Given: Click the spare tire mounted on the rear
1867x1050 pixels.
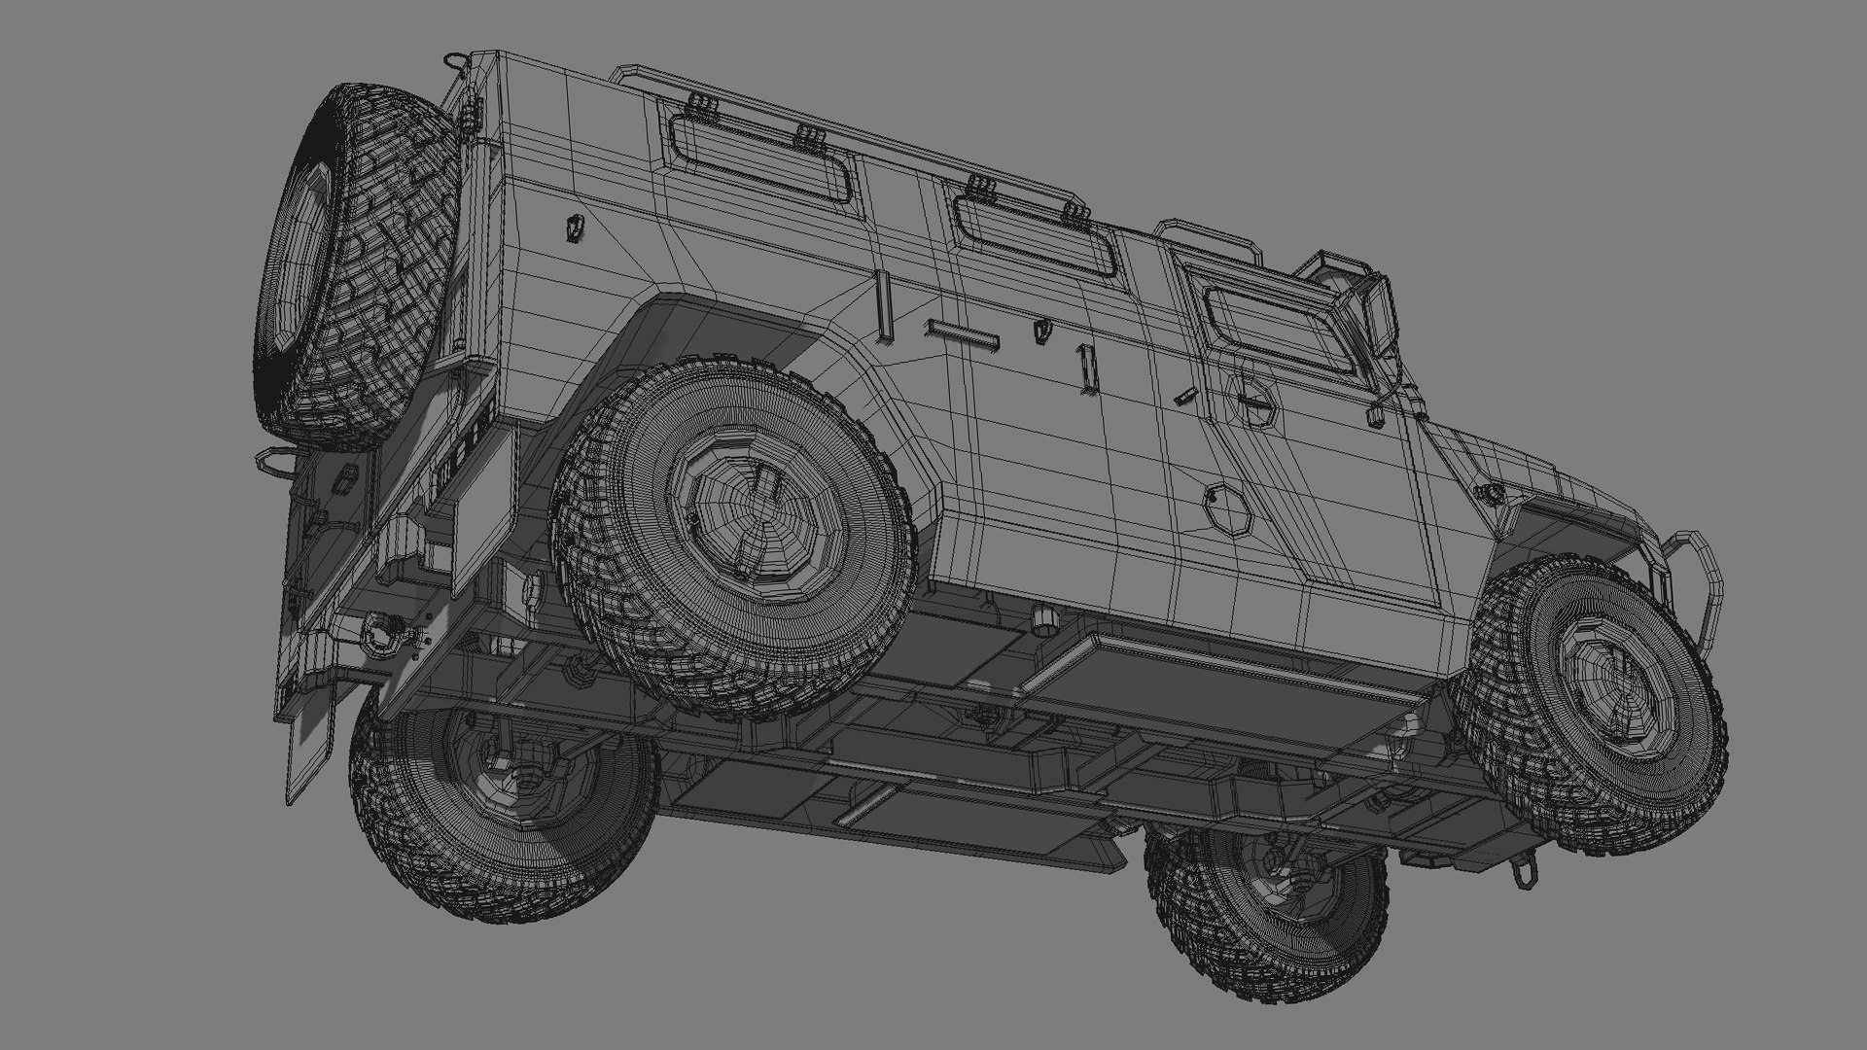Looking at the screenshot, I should coord(355,262).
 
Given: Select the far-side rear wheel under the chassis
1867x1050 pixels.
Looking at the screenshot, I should coord(501,812).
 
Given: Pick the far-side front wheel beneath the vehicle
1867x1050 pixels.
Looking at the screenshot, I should coord(1264,899).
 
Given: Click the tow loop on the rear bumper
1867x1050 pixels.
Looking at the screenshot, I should coord(272,464).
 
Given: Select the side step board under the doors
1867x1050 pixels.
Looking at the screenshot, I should coord(1225,671).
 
